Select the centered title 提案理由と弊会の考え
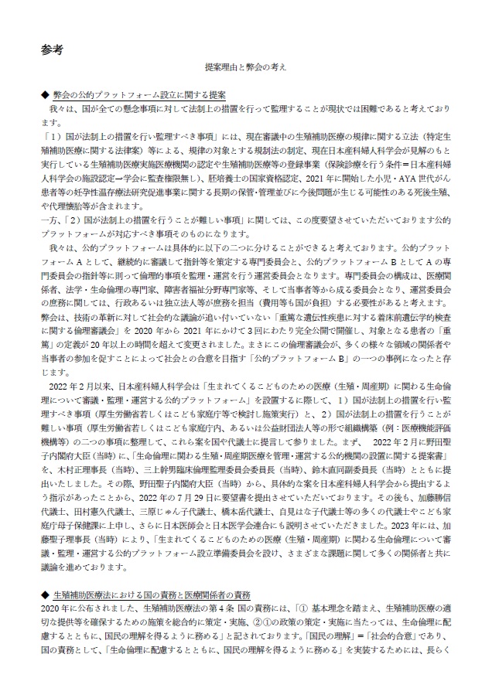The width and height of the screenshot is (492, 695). click(246, 69)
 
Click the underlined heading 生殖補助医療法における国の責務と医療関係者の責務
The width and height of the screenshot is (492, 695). click(151, 596)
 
